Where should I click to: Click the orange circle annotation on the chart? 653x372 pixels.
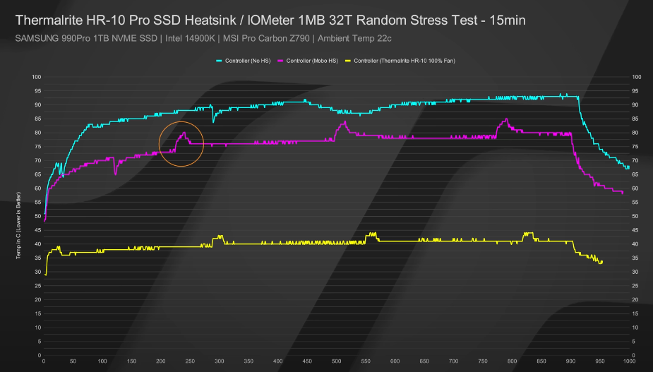181,144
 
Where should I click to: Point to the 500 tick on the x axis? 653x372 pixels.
336,361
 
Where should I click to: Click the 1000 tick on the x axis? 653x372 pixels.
628,361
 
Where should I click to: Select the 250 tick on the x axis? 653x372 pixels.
190,361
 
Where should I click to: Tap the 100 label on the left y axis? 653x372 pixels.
35,77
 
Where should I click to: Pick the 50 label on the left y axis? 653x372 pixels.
36,216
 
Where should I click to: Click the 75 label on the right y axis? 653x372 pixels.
635,147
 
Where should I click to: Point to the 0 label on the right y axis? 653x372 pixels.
634,355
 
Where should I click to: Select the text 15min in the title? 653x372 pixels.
504,20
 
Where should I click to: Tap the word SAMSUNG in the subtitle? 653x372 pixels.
34,37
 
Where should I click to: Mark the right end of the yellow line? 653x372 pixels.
601,262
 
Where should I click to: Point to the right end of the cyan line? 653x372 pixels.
628,168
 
